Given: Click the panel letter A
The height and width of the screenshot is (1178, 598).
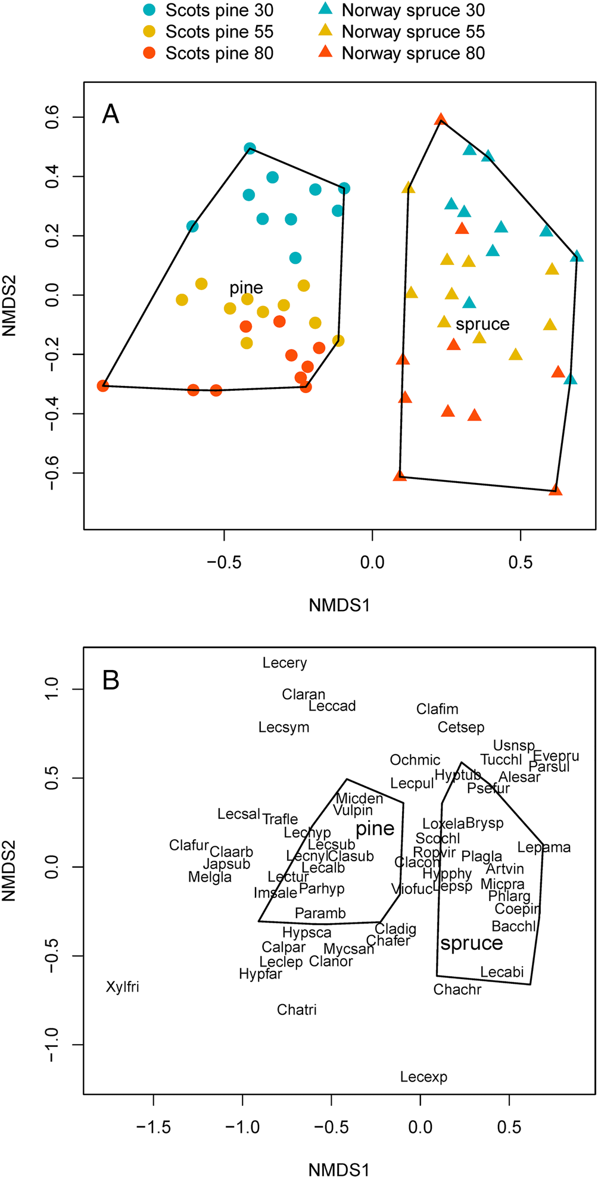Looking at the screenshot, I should [111, 114].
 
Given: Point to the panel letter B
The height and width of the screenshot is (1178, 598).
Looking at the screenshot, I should [111, 680].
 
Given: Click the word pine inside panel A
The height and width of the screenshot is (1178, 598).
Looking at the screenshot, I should [246, 288].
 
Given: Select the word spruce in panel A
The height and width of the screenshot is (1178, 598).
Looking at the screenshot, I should [482, 324].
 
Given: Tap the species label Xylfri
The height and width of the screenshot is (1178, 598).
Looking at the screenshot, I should [122, 987].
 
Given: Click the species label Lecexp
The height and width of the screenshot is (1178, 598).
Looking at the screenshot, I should [423, 1077].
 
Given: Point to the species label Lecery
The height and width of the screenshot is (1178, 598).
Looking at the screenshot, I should [285, 663].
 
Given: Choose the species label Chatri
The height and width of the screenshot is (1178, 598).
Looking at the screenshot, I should [297, 1009].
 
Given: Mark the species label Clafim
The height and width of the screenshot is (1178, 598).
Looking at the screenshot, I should [437, 709].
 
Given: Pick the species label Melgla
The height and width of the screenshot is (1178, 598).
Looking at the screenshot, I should [210, 877].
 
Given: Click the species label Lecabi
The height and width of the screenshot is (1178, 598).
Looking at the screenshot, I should [502, 972].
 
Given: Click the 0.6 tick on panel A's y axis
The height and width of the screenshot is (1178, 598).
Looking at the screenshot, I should [52, 117].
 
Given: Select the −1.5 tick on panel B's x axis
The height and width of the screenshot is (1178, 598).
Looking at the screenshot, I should [154, 1127].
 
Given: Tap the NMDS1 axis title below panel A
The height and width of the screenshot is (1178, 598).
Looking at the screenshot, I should [339, 605].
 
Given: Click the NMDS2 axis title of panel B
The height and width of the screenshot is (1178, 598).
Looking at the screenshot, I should [9, 870].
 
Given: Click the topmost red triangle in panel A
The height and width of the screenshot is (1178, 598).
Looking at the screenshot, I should [441, 119].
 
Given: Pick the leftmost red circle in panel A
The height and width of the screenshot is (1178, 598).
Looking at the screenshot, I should [103, 385].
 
